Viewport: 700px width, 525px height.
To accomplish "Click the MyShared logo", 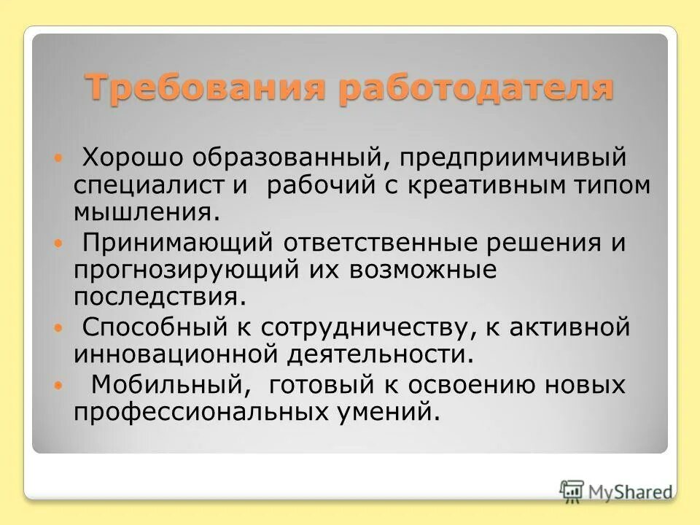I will click(617, 491).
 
